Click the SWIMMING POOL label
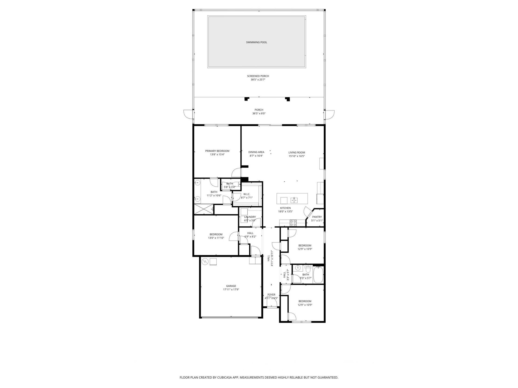[x=256, y=42]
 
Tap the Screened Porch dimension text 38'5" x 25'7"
[x=258, y=80]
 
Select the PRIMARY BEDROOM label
[x=217, y=151]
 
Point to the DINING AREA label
[x=256, y=152]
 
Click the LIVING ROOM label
[x=297, y=153]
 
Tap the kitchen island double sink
[x=294, y=200]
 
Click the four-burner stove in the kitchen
[x=293, y=223]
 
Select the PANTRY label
[x=317, y=217]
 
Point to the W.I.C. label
[x=247, y=194]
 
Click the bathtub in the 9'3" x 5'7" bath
[x=318, y=274]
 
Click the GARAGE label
[x=231, y=286]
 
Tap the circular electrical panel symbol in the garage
[x=205, y=261]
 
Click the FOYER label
[x=271, y=295]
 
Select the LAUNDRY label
[x=250, y=217]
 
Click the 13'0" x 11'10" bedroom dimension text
[x=216, y=238]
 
